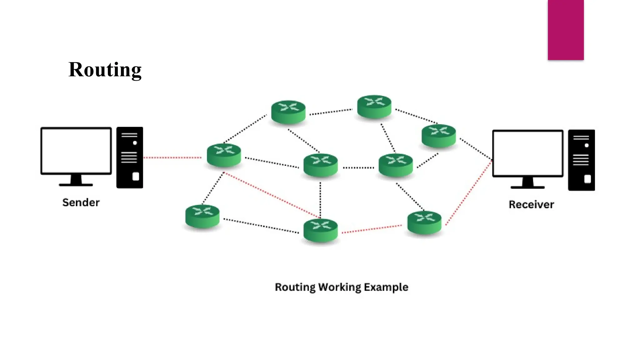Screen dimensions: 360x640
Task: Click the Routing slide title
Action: [x=105, y=70]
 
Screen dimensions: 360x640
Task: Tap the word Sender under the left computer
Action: [x=81, y=202]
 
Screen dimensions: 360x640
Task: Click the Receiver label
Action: [x=531, y=205]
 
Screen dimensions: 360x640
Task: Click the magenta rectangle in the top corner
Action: [x=566, y=30]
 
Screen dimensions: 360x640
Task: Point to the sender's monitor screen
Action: [x=76, y=150]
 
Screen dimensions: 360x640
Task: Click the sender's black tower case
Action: [x=130, y=157]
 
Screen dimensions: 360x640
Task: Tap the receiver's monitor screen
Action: [x=528, y=153]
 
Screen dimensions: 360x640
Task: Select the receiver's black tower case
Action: [x=581, y=160]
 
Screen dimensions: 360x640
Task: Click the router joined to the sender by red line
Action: [x=224, y=155]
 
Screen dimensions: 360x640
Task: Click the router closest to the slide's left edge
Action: [x=202, y=216]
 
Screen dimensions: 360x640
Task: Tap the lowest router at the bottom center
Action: [x=321, y=231]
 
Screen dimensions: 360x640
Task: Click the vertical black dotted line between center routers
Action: [x=320, y=200]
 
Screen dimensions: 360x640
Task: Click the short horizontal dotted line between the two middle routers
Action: [x=358, y=168]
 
